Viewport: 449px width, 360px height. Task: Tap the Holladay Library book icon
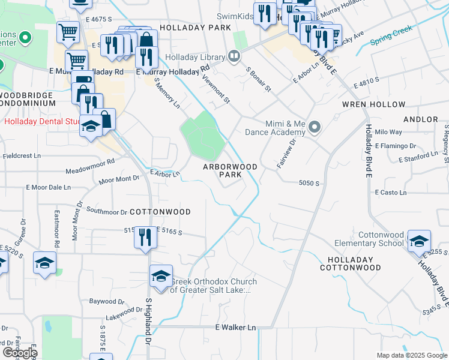[234, 57]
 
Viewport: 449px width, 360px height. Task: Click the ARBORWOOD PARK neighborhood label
[230, 170]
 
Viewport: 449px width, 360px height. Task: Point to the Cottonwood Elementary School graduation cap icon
[419, 241]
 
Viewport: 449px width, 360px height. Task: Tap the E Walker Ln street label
[236, 328]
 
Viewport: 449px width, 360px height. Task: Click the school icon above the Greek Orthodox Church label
[161, 275]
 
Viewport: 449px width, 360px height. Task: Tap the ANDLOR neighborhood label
[420, 119]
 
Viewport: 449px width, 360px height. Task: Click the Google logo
[20, 353]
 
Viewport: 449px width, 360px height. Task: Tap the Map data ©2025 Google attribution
[412, 355]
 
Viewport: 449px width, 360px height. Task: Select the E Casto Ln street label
[391, 193]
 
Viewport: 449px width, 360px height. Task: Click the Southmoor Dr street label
[107, 211]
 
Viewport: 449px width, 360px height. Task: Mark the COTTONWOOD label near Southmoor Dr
[160, 212]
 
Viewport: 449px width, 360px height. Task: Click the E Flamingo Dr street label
[395, 146]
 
